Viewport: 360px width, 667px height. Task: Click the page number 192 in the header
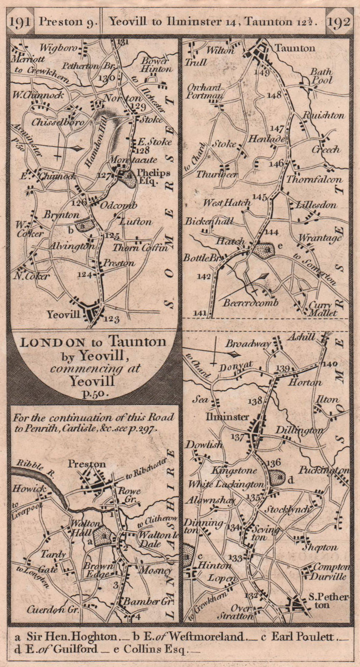click(339, 21)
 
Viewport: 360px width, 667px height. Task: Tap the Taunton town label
click(295, 48)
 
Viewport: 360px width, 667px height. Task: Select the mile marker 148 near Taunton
click(274, 95)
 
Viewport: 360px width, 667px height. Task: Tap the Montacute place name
click(133, 160)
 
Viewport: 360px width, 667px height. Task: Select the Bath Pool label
click(321, 76)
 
